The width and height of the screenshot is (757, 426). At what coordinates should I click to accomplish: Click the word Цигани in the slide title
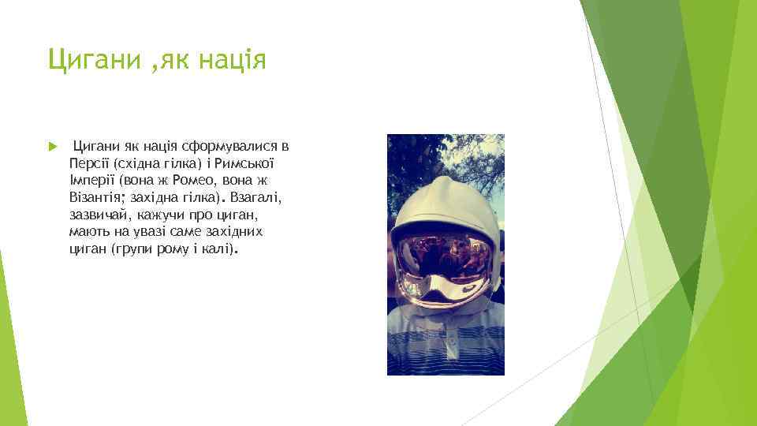tap(91, 59)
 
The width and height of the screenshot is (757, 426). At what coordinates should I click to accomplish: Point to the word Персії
tap(89, 163)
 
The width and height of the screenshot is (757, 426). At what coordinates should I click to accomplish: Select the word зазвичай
tap(99, 214)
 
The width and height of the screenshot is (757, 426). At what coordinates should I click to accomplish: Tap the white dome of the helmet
tap(446, 197)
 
